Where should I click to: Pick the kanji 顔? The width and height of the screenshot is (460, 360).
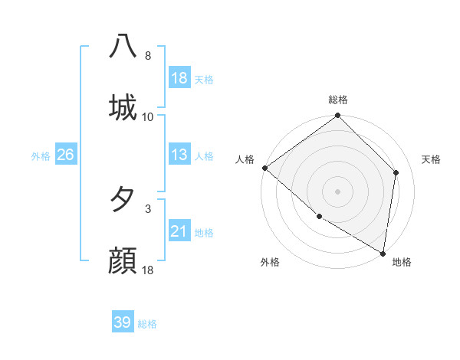(123, 260)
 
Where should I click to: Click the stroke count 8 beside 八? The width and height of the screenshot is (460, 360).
(148, 56)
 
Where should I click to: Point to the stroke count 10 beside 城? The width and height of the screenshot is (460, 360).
(148, 117)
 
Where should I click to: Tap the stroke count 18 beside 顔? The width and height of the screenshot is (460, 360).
(148, 270)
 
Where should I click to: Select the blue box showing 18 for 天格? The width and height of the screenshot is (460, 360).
(179, 78)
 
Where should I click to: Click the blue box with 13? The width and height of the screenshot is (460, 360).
(179, 155)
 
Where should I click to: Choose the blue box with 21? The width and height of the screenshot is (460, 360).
(179, 231)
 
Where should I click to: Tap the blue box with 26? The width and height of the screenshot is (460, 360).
(65, 155)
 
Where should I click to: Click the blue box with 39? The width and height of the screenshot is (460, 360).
(123, 322)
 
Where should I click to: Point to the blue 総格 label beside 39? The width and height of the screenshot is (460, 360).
(147, 324)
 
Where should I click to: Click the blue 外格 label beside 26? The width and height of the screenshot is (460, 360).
(41, 156)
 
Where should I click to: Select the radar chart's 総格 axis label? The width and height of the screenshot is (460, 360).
(338, 100)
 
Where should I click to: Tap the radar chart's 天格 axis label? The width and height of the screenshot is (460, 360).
(431, 159)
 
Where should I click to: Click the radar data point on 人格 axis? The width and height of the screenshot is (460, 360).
(264, 168)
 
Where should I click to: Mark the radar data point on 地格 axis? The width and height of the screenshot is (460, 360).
(383, 253)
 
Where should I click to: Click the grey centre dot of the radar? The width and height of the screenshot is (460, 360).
(338, 191)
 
